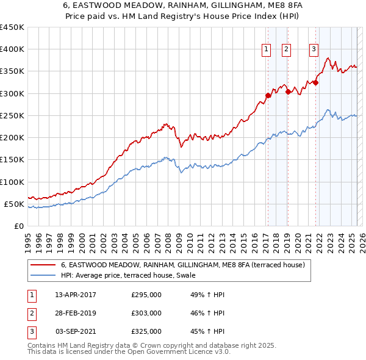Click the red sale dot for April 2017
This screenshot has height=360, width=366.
[x=268, y=95]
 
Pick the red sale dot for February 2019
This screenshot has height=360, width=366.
[x=288, y=92]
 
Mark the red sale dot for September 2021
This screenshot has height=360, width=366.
[x=316, y=82]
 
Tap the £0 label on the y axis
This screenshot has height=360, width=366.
[x=19, y=226]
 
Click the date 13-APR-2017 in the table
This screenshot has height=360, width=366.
[x=76, y=295]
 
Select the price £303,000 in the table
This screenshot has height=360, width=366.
[x=146, y=313]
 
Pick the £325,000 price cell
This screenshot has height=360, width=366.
[x=146, y=331]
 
